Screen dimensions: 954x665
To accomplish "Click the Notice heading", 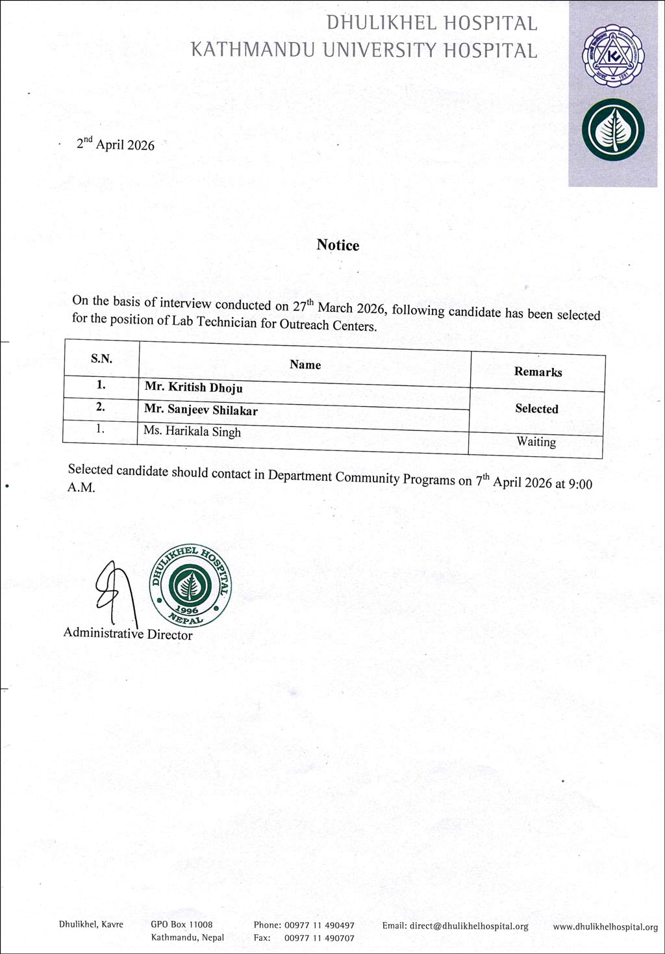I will click(x=338, y=245).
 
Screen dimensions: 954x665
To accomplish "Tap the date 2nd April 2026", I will click(x=116, y=144).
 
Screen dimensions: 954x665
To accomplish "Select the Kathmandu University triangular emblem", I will click(x=612, y=55).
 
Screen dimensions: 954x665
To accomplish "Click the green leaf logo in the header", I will click(x=612, y=130).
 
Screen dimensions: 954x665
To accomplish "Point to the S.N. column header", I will click(x=101, y=358).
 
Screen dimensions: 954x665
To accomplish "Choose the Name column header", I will click(x=305, y=365).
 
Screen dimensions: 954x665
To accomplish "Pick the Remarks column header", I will click(x=538, y=372).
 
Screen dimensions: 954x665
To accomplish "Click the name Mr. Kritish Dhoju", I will click(x=194, y=387).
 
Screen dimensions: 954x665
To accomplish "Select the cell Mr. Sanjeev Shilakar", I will click(x=201, y=410).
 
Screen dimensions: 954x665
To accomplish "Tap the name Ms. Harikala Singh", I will click(x=192, y=432).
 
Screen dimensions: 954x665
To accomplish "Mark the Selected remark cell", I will click(x=536, y=409).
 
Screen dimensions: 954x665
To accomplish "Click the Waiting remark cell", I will click(x=536, y=442).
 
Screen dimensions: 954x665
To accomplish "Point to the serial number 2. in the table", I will click(x=101, y=407).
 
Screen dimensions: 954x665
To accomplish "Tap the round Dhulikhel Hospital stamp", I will click(x=190, y=585).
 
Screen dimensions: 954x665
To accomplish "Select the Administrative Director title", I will click(x=128, y=634).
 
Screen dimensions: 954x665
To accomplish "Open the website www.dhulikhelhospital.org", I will click(x=605, y=927).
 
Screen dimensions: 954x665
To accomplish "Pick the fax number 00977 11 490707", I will click(x=320, y=938).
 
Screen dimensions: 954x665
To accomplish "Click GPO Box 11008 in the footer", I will click(x=182, y=924).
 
